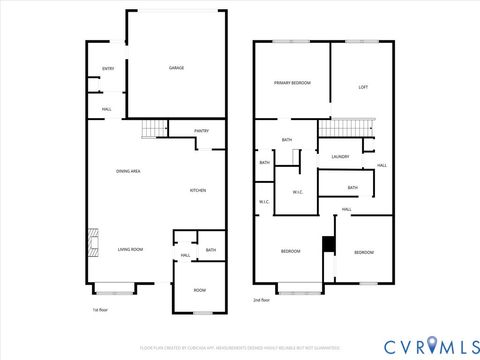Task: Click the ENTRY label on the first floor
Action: [x=107, y=68]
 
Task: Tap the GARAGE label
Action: [x=176, y=68]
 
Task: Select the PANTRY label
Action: [x=201, y=131]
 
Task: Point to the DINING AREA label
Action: [x=128, y=171]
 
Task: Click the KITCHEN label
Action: [x=198, y=190]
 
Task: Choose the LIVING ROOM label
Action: [x=130, y=249]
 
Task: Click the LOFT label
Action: [x=363, y=88]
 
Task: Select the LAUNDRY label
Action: [x=338, y=156]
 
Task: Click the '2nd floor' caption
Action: [x=263, y=299]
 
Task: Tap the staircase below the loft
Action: [x=347, y=128]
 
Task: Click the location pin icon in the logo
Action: [x=432, y=345]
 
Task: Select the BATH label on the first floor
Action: [x=211, y=250]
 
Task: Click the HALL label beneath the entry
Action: [x=106, y=109]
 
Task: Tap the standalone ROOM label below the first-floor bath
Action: [x=199, y=290]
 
